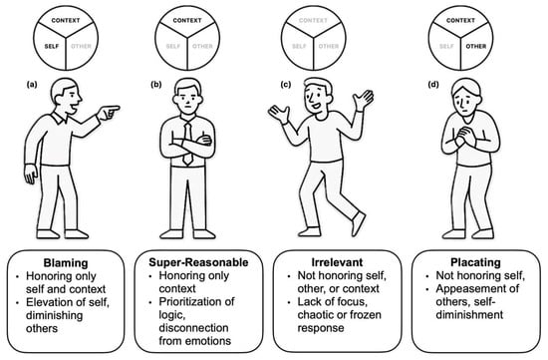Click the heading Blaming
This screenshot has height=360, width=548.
(66, 262)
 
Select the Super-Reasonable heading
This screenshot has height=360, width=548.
(198, 262)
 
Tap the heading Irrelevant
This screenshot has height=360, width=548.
(337, 262)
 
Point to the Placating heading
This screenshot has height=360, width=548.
(475, 262)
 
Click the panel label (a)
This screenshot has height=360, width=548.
(32, 85)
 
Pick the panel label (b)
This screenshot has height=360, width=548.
(155, 85)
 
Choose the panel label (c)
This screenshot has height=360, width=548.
(286, 85)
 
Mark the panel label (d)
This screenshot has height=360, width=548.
(433, 85)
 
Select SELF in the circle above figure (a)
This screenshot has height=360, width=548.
(52, 46)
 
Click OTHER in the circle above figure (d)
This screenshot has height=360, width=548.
(475, 46)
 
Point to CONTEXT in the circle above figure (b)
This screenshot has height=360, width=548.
(187, 20)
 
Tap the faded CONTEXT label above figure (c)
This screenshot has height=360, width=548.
(313, 20)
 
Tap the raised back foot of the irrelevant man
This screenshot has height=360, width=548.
(359, 223)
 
